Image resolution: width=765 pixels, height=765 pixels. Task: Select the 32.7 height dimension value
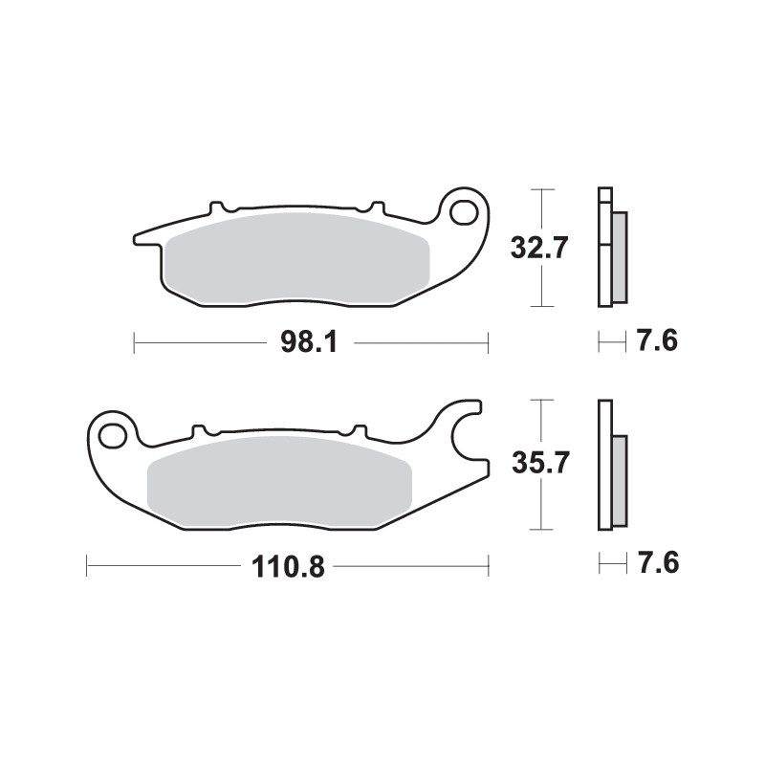click(540, 249)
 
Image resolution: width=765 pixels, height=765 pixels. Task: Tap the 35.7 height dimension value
click(540, 464)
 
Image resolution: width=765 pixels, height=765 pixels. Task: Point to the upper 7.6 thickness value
click(657, 341)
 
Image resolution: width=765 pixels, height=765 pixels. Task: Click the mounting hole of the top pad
click(466, 210)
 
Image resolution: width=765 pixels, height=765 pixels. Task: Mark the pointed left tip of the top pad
click(137, 237)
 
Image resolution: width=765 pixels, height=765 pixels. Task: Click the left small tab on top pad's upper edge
click(218, 206)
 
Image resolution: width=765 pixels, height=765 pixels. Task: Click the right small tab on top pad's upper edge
click(376, 206)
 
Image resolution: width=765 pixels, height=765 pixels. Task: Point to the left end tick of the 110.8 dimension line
click(87, 565)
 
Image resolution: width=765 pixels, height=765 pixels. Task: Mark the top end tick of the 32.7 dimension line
click(542, 190)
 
